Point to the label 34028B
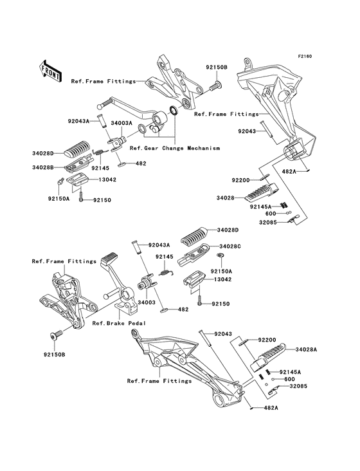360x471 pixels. point(45,167)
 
